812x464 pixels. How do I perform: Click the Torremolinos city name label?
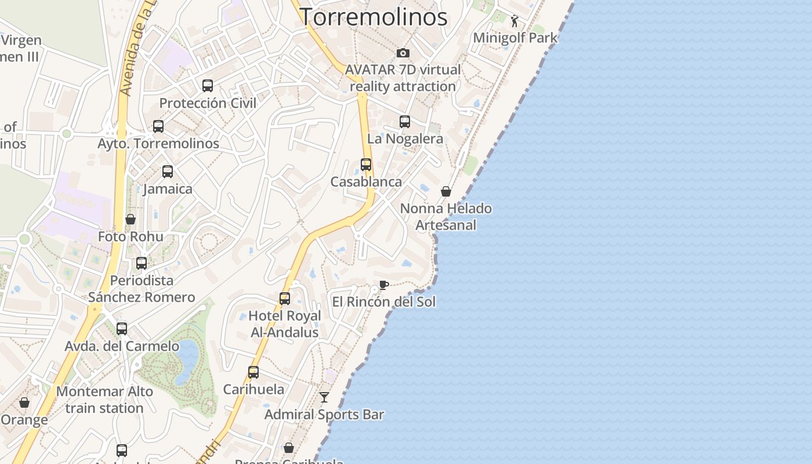tap(374, 17)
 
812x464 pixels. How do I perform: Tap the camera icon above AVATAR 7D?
tap(403, 53)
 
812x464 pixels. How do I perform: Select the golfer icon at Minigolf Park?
tap(514, 21)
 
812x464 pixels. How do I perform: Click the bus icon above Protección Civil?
tap(208, 86)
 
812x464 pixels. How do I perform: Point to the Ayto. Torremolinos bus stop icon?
tap(158, 126)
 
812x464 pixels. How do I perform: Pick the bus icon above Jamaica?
tap(168, 172)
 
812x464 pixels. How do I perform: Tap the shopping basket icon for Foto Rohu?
tap(130, 219)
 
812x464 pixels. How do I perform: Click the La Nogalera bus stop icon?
tap(405, 122)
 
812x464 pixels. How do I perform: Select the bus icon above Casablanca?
tap(366, 165)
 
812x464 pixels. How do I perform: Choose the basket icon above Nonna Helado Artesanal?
tap(446, 191)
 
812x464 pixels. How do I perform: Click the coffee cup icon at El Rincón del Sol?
tap(383, 285)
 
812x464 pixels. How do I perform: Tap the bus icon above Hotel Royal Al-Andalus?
tap(285, 299)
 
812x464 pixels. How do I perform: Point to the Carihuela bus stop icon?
tap(253, 372)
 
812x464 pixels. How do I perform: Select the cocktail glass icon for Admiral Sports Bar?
tap(324, 397)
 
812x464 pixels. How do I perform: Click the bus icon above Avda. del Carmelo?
tap(122, 329)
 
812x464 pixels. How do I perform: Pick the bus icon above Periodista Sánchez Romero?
tap(142, 263)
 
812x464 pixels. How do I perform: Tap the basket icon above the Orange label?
tap(24, 403)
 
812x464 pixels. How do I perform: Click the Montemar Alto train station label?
tap(104, 400)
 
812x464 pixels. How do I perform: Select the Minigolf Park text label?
tap(515, 38)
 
